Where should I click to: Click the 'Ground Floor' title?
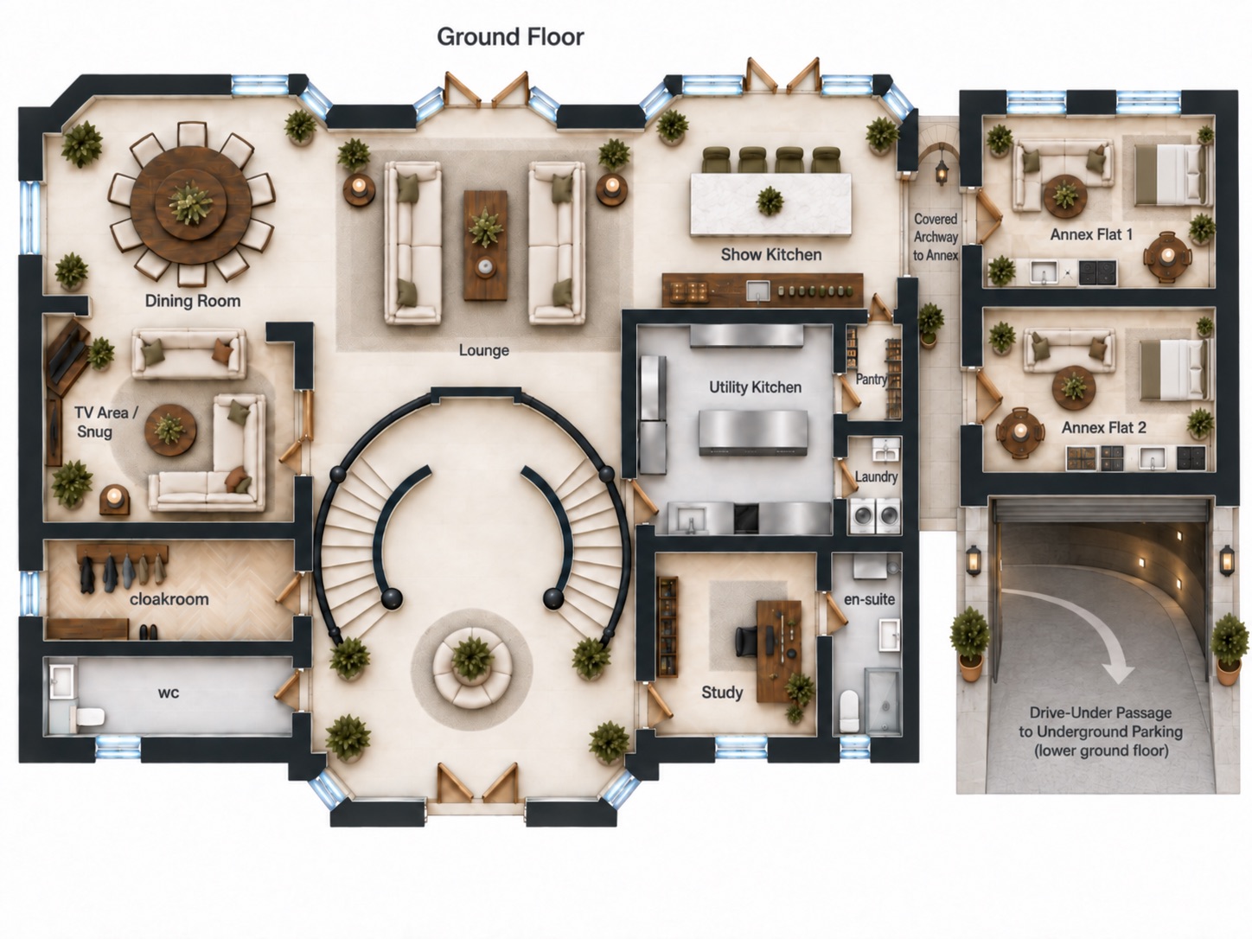click(x=510, y=37)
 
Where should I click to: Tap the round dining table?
click(x=190, y=203)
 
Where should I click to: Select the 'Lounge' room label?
click(x=483, y=350)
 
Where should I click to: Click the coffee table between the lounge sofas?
click(x=485, y=246)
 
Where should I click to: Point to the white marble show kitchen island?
click(x=770, y=204)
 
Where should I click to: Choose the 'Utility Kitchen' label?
click(x=755, y=387)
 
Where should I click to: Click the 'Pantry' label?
click(x=871, y=379)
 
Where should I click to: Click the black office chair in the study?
click(x=749, y=641)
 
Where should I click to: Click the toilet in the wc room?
click(x=88, y=716)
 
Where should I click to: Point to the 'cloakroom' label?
click(x=169, y=599)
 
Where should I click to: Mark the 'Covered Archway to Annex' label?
click(x=936, y=237)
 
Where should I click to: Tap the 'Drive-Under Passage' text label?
click(x=1101, y=712)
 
